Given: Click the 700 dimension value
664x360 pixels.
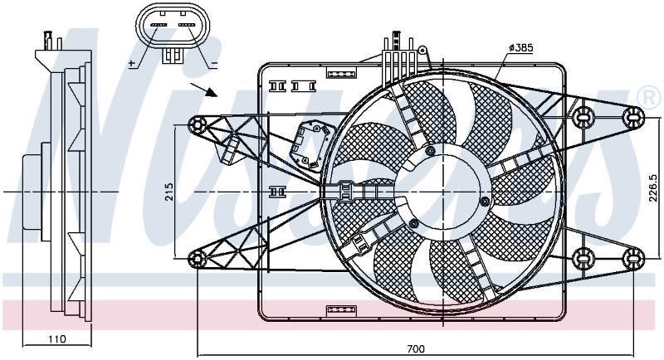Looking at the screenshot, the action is click(x=416, y=349).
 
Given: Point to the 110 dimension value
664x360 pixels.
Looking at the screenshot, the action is click(x=57, y=339).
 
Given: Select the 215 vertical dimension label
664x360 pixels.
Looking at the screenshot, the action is click(x=169, y=192).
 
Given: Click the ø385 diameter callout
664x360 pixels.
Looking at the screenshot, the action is click(x=520, y=48).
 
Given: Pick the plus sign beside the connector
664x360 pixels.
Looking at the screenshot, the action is click(x=132, y=63).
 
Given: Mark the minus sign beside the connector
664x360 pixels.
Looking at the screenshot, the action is click(x=214, y=64).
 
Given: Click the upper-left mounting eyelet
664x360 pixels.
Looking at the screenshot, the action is click(x=198, y=125).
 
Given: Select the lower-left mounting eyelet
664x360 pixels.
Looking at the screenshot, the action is click(x=198, y=259).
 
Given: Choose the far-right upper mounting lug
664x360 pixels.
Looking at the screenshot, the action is click(x=633, y=117).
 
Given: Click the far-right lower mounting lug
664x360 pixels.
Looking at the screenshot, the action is click(x=633, y=259).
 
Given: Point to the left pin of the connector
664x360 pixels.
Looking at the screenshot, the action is click(x=160, y=26).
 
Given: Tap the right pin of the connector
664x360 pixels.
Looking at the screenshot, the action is click(x=187, y=26).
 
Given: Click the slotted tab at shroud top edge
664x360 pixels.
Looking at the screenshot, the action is click(x=341, y=72).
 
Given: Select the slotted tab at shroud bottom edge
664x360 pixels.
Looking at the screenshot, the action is click(x=341, y=311).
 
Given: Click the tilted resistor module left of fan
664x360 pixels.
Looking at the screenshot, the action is click(x=310, y=144).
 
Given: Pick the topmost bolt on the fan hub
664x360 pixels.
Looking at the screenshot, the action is click(x=431, y=151).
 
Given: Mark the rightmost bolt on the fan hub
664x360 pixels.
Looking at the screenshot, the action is click(x=486, y=202).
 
